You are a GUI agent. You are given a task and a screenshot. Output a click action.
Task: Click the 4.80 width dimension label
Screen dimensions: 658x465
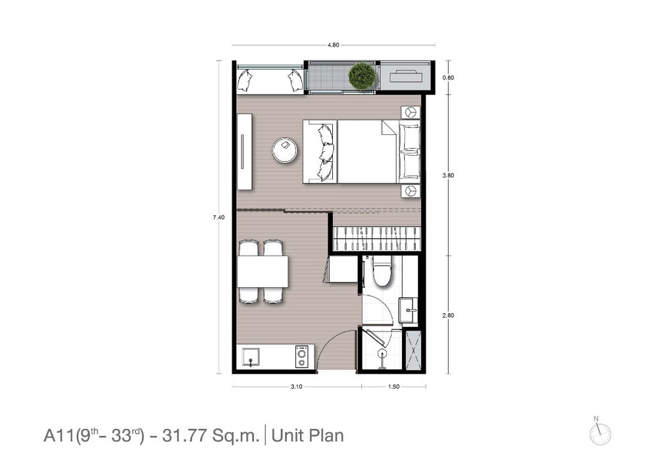coord(333,45)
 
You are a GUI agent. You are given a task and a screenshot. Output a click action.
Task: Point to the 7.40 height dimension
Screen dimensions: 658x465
coord(218,217)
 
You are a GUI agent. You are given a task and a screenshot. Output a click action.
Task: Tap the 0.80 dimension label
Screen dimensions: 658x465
coord(448,78)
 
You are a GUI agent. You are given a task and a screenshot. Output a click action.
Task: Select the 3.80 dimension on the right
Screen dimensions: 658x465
coord(448,176)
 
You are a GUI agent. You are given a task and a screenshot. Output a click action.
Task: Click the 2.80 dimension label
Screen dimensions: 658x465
coord(448,315)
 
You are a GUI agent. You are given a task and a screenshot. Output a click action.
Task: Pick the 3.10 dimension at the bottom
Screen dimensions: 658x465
coord(296,387)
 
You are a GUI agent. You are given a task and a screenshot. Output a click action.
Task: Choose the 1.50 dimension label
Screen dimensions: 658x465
coord(393,387)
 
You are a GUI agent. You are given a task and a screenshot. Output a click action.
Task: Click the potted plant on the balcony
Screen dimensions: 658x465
coord(361,76)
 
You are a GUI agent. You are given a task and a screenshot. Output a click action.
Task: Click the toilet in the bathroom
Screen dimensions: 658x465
coord(382,272)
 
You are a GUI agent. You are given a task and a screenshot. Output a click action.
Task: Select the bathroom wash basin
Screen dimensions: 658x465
coord(408,310)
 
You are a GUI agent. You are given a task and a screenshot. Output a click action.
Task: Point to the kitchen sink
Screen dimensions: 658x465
coord(251,356)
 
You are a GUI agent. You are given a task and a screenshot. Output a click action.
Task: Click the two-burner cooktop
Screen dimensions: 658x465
coord(302,357)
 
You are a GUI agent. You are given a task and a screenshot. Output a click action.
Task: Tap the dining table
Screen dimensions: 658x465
coord(263,272)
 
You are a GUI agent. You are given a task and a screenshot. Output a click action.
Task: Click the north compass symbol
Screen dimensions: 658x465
coord(599,432)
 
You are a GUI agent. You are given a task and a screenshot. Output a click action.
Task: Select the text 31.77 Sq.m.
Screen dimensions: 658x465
coord(211,435)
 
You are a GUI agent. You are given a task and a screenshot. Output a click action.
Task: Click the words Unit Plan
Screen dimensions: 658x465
coord(307,435)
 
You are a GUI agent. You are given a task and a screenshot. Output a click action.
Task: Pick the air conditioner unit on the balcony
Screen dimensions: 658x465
coord(405,77)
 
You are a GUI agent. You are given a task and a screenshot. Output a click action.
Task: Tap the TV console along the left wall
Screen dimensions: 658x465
coord(244,152)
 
